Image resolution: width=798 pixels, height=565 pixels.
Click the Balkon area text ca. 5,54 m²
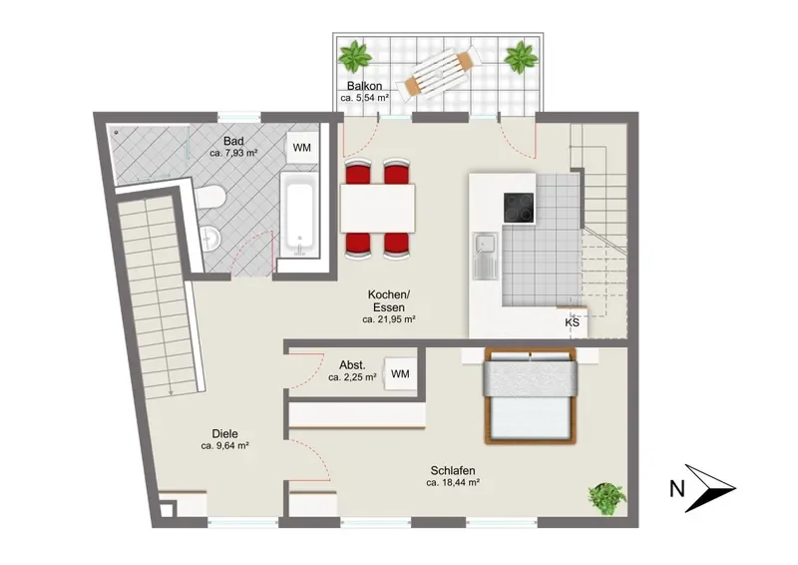click(x=365, y=98)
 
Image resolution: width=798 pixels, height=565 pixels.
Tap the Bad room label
click(x=233, y=141)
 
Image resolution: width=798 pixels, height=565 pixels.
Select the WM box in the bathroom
click(x=302, y=148)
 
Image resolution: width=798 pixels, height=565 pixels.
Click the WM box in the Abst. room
click(x=400, y=374)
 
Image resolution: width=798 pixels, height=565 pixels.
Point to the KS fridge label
click(x=572, y=322)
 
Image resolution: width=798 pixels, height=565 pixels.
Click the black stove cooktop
click(x=520, y=208)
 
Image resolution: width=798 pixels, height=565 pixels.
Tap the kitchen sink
click(x=486, y=256)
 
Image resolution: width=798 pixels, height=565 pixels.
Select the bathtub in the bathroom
click(x=299, y=215)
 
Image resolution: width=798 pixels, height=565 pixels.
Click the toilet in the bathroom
click(x=209, y=198)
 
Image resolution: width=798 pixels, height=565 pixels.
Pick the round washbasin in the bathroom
click(x=209, y=239)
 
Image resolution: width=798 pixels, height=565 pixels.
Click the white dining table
click(x=378, y=208)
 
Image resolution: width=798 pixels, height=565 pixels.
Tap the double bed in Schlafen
click(x=531, y=396)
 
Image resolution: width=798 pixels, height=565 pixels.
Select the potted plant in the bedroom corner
click(x=606, y=499)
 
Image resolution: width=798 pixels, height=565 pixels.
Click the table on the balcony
click(x=439, y=73)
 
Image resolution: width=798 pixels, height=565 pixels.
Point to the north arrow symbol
click(x=710, y=488)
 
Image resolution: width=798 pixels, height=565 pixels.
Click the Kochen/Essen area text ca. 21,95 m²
click(x=389, y=320)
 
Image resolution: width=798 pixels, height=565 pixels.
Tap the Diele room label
click(x=225, y=434)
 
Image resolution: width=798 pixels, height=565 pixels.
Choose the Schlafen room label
click(x=453, y=471)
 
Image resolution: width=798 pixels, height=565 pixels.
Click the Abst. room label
click(x=352, y=365)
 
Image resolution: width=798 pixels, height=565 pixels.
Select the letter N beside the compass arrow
click(x=677, y=489)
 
